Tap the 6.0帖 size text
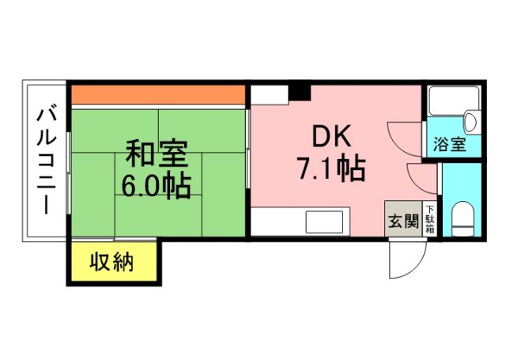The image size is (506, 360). tap(155, 187)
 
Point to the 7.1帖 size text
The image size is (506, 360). tap(330, 169)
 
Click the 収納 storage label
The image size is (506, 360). tap(111, 261)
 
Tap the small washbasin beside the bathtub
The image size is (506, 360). tap(470, 123)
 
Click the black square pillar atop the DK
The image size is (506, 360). tap(300, 91)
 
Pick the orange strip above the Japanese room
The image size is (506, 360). tap(157, 94)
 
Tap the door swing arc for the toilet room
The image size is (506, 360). tap(421, 179)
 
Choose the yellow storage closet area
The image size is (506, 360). tap(111, 261)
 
